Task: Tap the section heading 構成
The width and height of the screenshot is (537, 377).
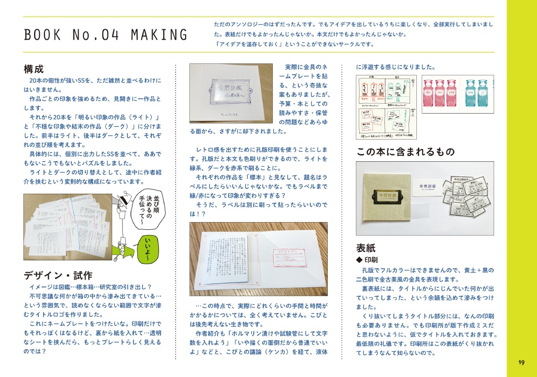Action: (x=34, y=69)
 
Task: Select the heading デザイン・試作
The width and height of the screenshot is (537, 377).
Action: (x=58, y=275)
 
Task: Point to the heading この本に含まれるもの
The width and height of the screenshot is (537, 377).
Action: (x=405, y=152)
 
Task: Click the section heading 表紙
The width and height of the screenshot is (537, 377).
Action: (x=366, y=248)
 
